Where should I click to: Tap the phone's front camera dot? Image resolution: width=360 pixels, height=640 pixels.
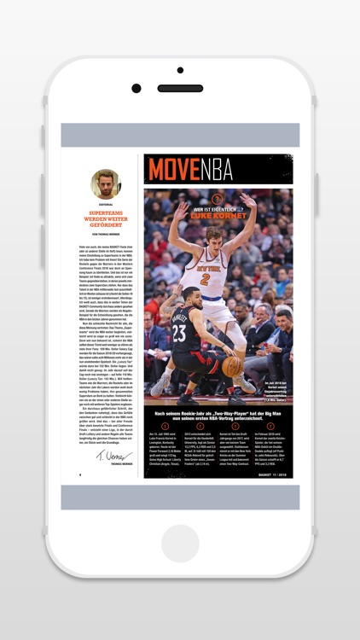(x=136, y=88)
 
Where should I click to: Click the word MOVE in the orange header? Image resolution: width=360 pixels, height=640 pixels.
(x=174, y=170)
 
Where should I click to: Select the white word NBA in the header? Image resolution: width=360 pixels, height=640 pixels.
(x=217, y=170)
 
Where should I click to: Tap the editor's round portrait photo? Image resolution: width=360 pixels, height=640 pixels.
(x=107, y=183)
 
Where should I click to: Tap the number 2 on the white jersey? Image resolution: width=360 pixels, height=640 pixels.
(x=206, y=278)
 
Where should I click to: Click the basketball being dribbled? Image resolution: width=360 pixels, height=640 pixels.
(x=232, y=365)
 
